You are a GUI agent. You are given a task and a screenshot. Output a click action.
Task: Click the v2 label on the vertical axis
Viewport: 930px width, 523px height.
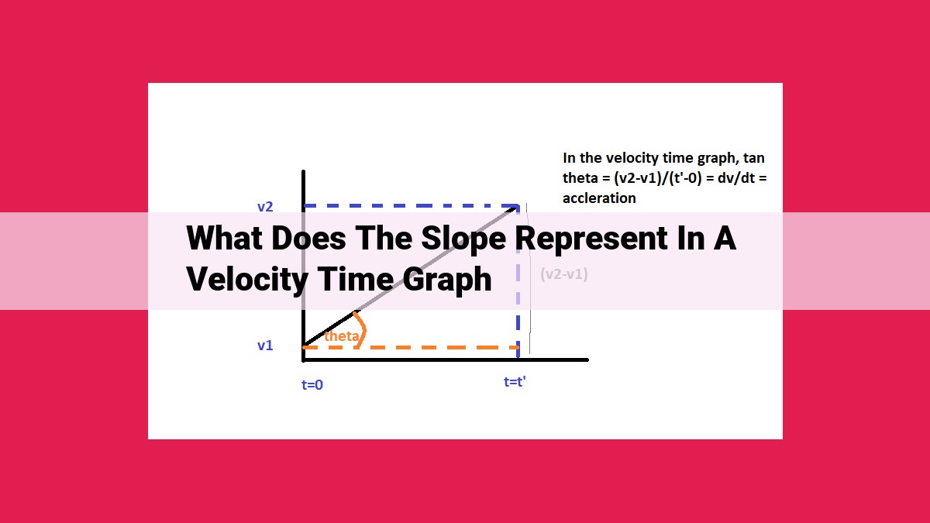coord(265,207)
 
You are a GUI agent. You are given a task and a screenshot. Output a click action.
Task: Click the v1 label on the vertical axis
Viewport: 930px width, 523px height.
coord(265,346)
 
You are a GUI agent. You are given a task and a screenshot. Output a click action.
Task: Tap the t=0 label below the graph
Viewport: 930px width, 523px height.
coord(312,385)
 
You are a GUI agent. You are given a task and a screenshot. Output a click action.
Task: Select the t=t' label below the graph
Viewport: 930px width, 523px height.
coord(515,381)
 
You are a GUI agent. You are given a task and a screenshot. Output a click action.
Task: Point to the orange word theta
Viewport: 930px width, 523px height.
coord(341,335)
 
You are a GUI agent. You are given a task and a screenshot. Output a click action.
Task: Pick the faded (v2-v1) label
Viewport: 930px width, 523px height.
coord(564,274)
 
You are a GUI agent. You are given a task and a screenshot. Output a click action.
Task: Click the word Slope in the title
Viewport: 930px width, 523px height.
coord(463,239)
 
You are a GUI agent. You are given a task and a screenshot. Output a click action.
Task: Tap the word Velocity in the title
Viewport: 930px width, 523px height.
coord(247,280)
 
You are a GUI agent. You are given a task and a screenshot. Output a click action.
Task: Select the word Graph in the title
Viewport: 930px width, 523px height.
coord(447,280)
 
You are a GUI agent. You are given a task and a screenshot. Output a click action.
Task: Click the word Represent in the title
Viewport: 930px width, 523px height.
coord(591,239)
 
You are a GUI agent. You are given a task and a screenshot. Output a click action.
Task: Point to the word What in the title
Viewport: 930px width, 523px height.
coord(225,239)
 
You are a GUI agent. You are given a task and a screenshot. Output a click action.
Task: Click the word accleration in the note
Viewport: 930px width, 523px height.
coord(599,198)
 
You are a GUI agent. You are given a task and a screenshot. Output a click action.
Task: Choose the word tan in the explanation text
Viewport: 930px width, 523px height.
coord(754,158)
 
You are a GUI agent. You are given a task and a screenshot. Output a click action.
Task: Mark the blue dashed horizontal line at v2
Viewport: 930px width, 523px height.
coord(411,205)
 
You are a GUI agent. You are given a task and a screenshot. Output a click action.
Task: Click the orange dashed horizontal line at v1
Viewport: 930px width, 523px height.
coord(411,347)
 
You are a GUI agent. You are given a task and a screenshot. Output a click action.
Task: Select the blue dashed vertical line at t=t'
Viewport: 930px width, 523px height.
coord(518,282)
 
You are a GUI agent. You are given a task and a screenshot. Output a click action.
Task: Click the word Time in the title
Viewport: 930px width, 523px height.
coord(356,280)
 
